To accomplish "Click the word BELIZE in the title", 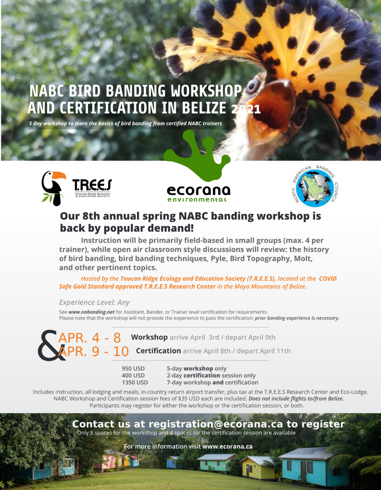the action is [x=204, y=108].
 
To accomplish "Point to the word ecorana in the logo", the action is [x=199, y=191].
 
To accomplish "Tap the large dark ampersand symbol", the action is [x=51, y=345].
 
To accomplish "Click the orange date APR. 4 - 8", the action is [x=90, y=338].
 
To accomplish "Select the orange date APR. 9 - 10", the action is [x=94, y=351].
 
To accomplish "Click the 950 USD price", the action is [x=133, y=368].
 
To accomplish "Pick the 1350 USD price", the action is [x=135, y=383].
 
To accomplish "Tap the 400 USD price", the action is [x=133, y=375].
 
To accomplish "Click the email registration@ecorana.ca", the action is [x=216, y=424].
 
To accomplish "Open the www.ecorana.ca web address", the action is [x=227, y=447].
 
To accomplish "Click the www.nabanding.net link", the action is [x=91, y=312].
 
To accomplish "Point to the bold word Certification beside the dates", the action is [x=158, y=351].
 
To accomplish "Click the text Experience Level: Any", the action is [x=94, y=303].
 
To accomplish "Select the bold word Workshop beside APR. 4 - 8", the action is [x=149, y=337].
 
